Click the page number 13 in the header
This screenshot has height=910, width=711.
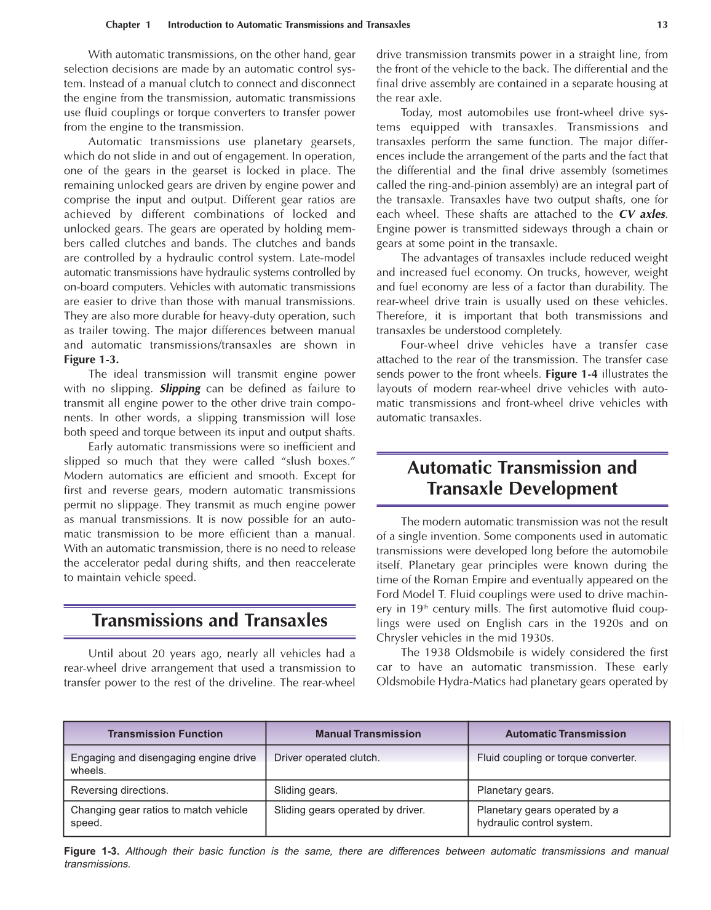click(x=662, y=25)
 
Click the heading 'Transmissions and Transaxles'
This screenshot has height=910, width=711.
click(x=210, y=620)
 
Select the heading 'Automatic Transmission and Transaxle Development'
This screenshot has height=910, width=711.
click(x=522, y=478)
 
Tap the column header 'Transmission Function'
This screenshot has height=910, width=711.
click(x=165, y=733)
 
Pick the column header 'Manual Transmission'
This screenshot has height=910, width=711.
click(x=368, y=733)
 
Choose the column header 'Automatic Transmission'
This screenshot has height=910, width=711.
click(x=565, y=733)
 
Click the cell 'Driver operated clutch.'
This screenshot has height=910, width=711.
click(x=327, y=757)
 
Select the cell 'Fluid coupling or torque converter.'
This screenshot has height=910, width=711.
click(x=556, y=757)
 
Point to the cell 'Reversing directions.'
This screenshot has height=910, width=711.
click(x=119, y=790)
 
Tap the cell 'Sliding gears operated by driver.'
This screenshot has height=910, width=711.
click(x=349, y=810)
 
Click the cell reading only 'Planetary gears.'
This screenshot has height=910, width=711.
click(x=515, y=790)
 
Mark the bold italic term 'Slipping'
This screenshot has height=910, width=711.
click(x=180, y=389)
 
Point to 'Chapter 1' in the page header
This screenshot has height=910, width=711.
click(x=127, y=25)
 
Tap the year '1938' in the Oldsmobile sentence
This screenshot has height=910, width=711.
click(x=438, y=652)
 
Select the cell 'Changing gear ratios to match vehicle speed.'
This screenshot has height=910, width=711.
click(x=159, y=816)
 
